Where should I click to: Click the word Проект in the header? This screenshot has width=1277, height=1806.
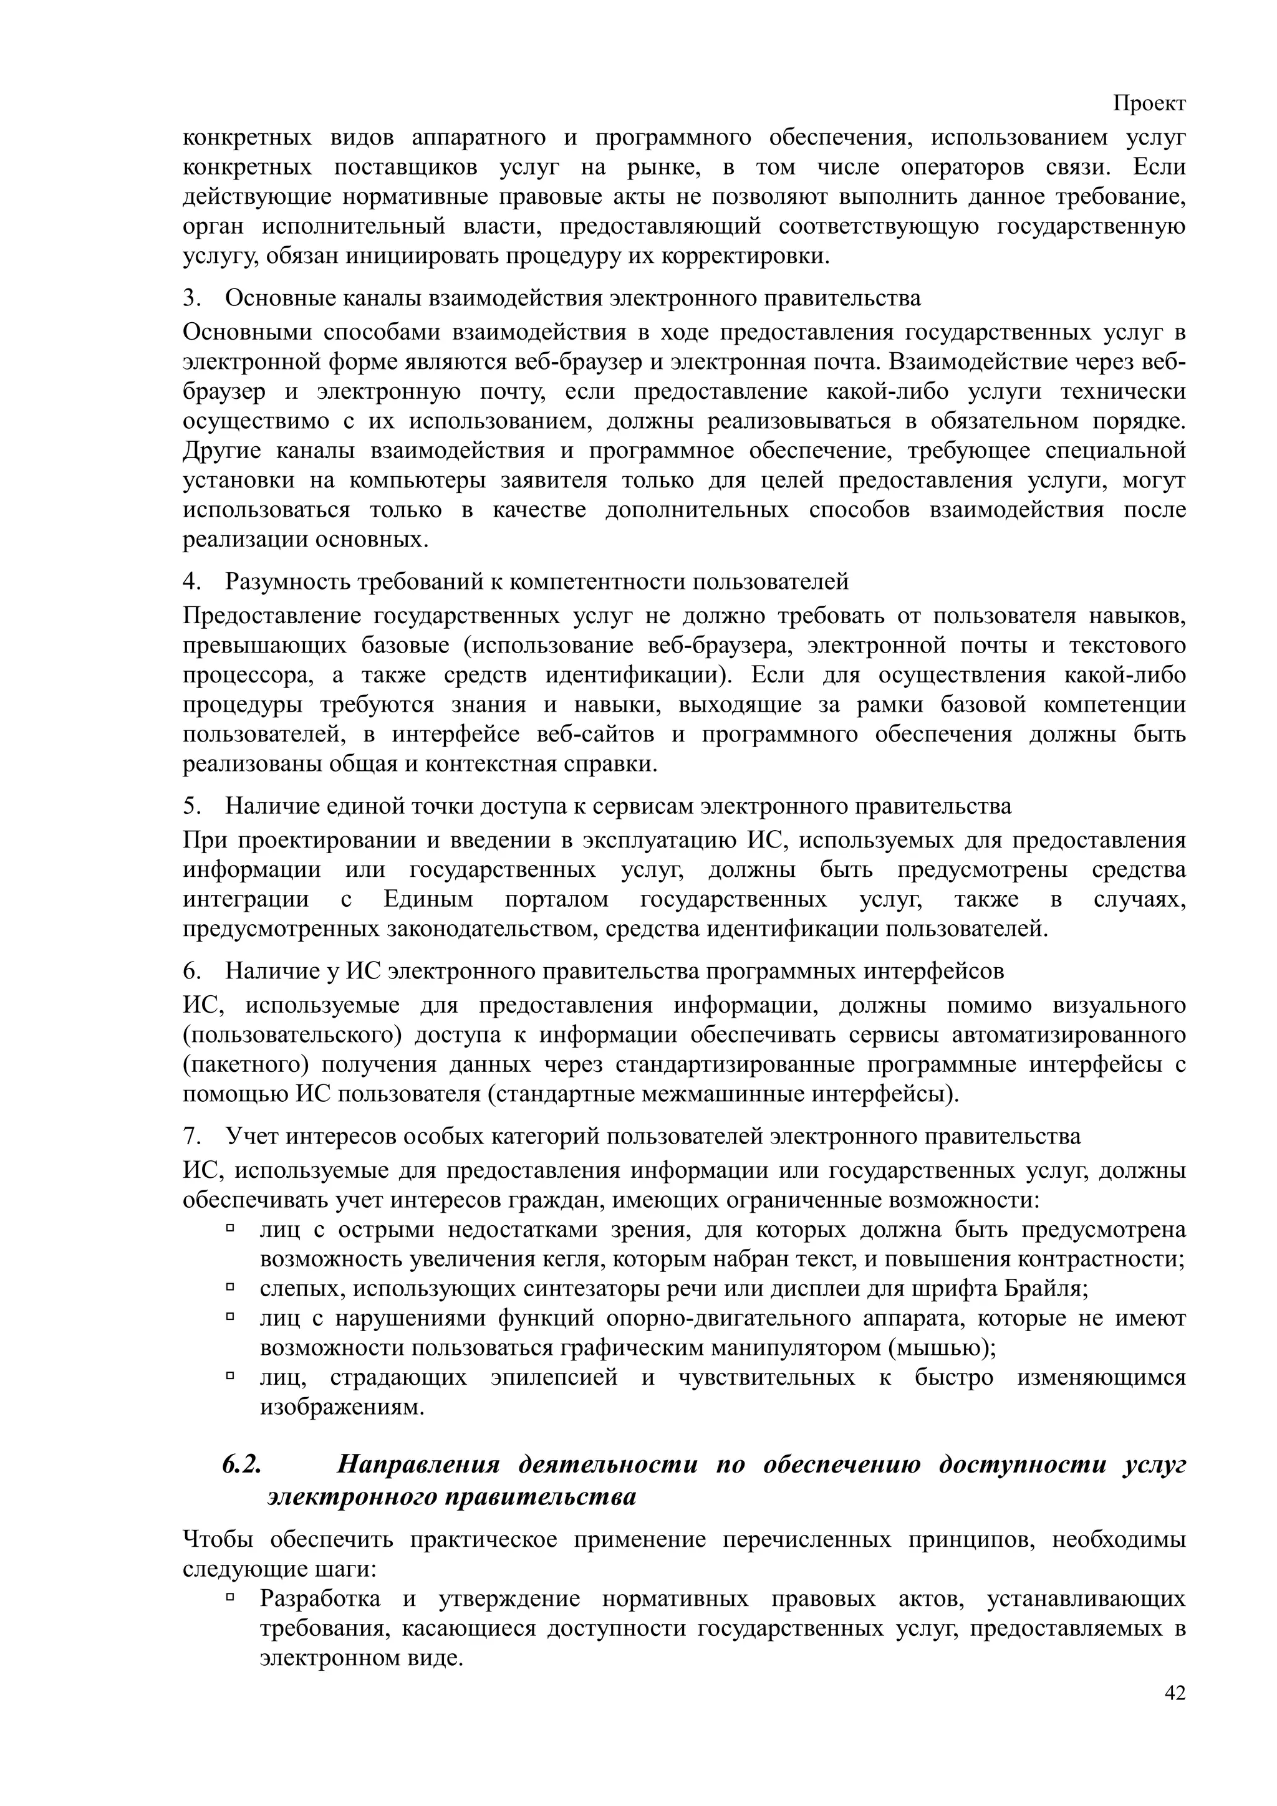[x=1149, y=103]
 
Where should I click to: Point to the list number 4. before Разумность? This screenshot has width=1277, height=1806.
[x=192, y=581]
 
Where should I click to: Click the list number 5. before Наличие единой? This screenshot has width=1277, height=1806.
[x=192, y=806]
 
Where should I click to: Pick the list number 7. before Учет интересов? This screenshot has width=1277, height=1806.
[x=192, y=1137]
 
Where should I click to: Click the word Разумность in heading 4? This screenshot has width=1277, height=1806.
[x=289, y=581]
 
